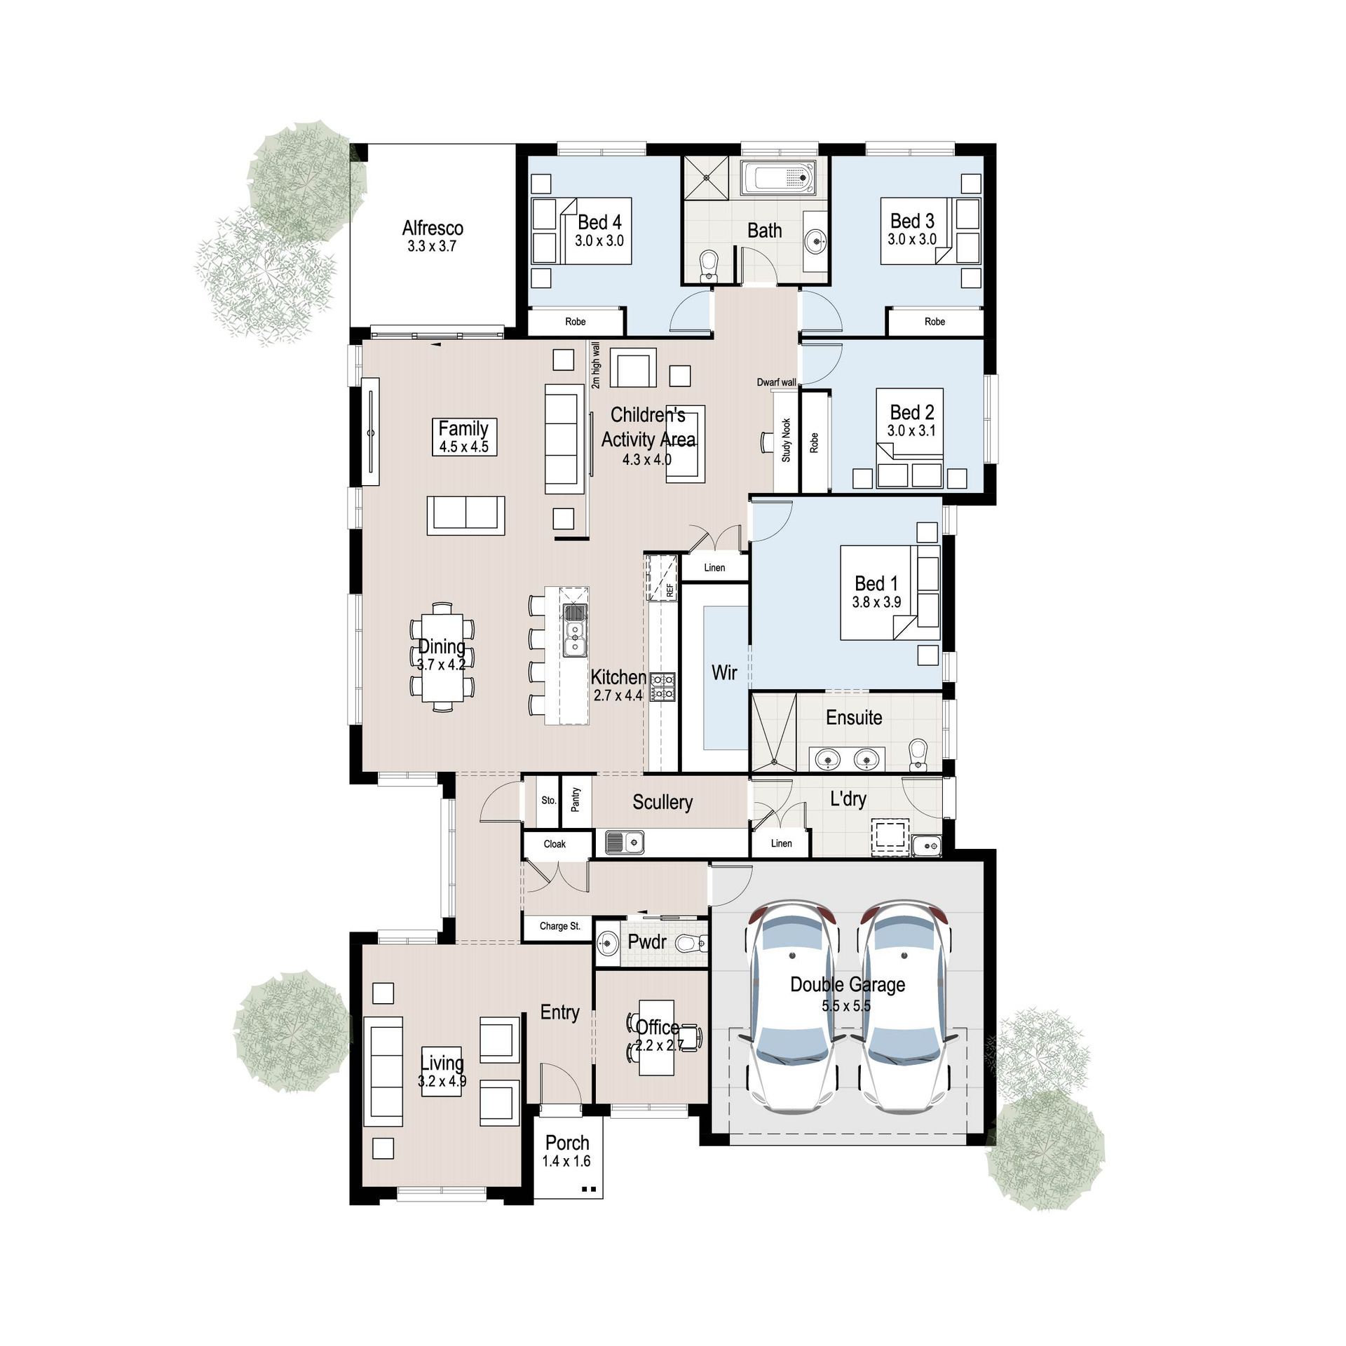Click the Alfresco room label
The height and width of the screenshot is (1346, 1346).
coord(433,228)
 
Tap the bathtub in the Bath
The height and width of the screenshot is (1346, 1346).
coord(779,178)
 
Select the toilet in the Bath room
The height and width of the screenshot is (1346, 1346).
coord(709,266)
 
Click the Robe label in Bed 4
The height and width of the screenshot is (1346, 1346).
coord(575,322)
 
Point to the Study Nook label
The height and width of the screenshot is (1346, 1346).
coord(786,440)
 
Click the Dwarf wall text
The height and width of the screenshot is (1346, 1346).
coord(776,382)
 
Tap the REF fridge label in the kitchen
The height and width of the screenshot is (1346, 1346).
coord(670,590)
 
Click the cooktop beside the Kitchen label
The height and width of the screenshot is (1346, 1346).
coord(662,686)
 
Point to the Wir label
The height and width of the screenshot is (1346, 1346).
coord(724,673)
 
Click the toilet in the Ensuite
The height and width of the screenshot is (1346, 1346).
coord(917,754)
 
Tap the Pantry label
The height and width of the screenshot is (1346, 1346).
coord(576,800)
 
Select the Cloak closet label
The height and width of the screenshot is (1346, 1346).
coord(555,844)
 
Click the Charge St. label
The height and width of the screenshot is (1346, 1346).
coord(559,926)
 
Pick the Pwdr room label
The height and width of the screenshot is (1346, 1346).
coord(647,942)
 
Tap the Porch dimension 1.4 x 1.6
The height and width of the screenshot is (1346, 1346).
coord(566,1161)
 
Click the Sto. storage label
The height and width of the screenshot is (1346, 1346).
coord(548,801)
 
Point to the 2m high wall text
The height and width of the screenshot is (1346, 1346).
coord(596,365)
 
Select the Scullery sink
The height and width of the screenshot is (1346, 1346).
coord(625,842)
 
